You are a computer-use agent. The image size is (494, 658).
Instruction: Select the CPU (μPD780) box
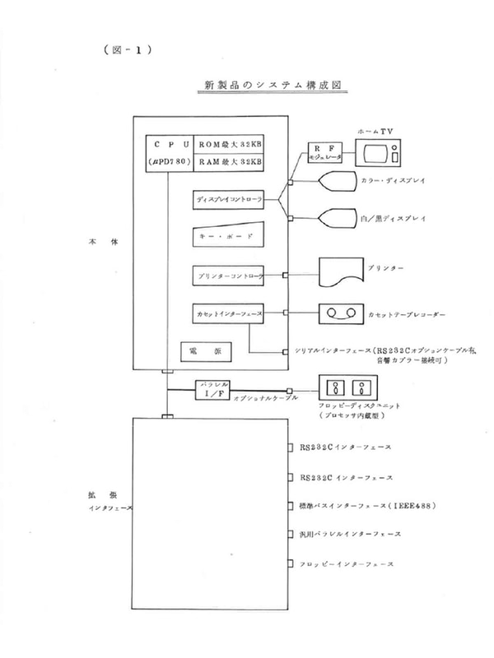click(170, 152)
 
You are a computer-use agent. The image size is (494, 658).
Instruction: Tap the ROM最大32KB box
click(231, 142)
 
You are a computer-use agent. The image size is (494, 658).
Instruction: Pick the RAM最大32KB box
click(231, 162)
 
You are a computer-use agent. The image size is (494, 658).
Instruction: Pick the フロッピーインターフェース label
click(345, 563)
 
